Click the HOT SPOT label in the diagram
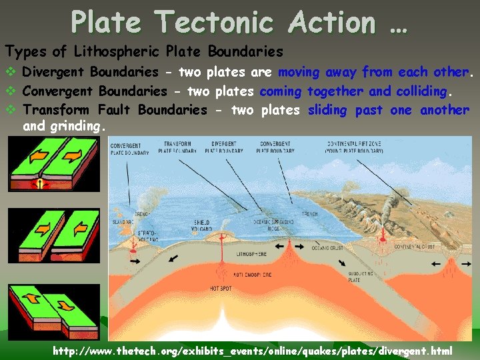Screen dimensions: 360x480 click(221, 289)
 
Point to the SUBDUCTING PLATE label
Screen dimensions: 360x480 click(357, 277)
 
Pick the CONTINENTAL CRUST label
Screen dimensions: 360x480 click(414, 247)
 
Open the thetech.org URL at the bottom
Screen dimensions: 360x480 click(253, 351)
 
